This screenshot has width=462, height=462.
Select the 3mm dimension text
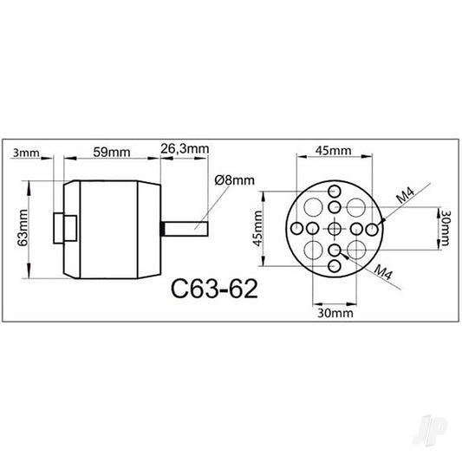coord(27,153)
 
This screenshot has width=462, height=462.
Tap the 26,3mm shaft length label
coord(185,148)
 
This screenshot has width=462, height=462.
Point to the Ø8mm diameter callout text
coord(233,180)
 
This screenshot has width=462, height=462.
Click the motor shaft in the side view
coord(186,228)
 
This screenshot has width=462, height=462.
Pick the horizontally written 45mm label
coord(333,151)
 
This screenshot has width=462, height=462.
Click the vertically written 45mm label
coord(257,228)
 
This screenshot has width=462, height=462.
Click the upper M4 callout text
coord(404,196)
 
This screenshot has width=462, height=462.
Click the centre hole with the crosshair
coord(335,228)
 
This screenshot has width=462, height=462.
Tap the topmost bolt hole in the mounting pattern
coord(335,190)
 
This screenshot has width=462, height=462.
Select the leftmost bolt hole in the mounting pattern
coord(296,228)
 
